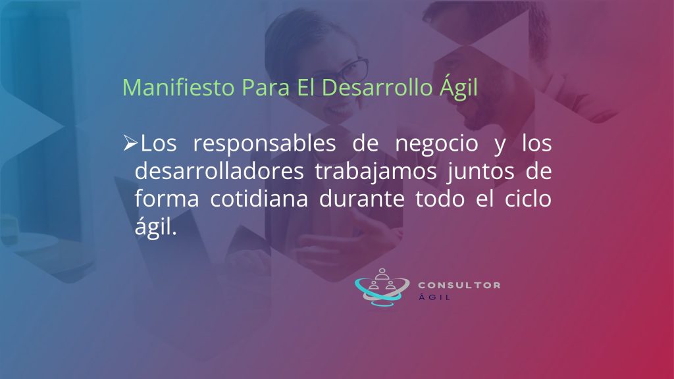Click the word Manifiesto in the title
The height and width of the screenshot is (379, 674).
178,88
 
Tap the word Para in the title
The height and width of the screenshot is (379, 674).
265,88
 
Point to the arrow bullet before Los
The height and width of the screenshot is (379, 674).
130,143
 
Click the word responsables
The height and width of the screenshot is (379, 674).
265,143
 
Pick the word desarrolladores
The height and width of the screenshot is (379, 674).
219,171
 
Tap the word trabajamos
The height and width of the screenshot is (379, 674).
376,172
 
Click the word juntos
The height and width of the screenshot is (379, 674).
481,172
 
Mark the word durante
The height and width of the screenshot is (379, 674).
362,199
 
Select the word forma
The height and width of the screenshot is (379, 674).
167,199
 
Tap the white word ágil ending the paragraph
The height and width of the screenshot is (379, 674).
155,226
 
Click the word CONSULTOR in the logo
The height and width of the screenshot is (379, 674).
459,285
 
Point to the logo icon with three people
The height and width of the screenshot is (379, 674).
382,287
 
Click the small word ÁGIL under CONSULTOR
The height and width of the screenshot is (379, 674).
434,297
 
